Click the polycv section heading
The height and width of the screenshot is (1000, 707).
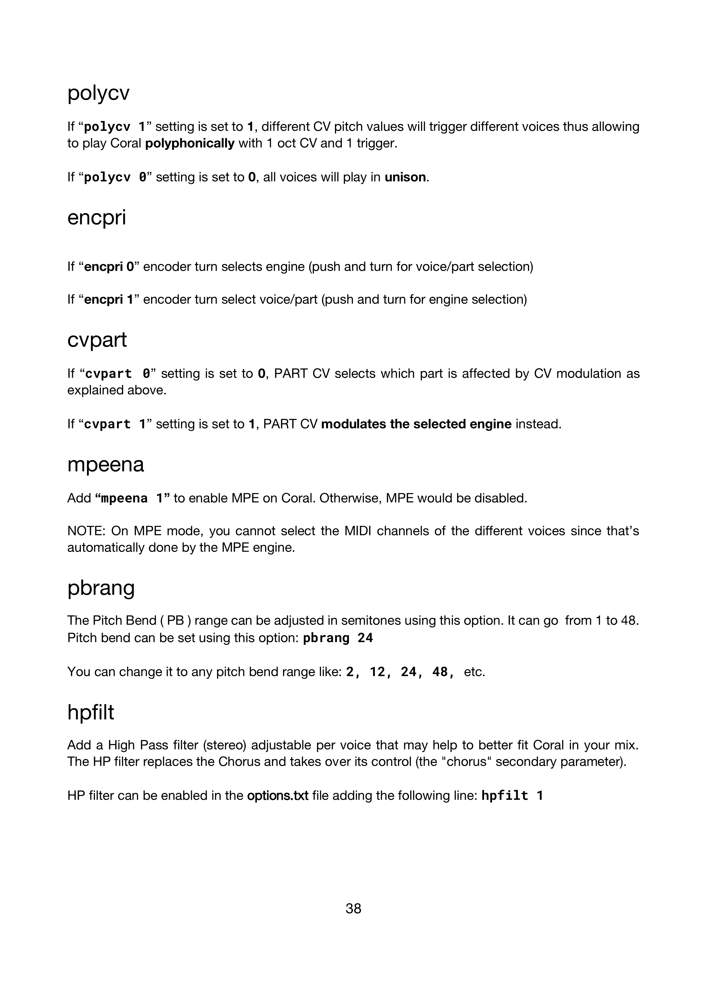point(98,93)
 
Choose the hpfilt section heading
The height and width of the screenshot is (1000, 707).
point(91,713)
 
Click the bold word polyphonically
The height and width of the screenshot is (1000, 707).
point(190,143)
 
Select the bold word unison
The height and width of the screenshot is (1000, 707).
point(405,177)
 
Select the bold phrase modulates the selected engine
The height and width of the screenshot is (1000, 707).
point(416,424)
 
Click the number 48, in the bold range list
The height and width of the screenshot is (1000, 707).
point(444,672)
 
